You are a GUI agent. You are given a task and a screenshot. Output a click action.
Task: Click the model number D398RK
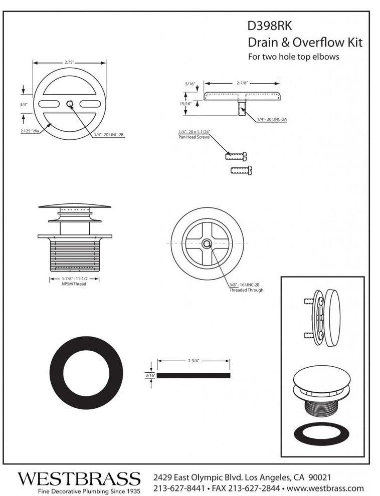(x=270, y=26)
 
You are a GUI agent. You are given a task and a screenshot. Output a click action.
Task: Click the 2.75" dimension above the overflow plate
(x=69, y=62)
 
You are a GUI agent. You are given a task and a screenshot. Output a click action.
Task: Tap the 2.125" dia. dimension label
(x=30, y=131)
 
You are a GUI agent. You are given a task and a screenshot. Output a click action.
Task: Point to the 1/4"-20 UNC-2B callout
(x=108, y=135)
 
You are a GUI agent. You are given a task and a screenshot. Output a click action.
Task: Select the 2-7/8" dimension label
(x=242, y=83)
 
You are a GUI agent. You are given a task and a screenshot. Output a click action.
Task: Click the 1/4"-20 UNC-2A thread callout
(x=272, y=119)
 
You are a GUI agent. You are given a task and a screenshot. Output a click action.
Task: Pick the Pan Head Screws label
(x=194, y=137)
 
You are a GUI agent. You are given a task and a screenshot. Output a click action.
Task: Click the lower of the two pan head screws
(x=242, y=170)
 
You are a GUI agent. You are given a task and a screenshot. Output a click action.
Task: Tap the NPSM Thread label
(x=74, y=284)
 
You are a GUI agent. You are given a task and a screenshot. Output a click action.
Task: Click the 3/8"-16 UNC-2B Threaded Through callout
(x=246, y=287)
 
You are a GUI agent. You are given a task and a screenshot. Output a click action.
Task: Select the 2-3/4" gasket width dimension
(x=194, y=361)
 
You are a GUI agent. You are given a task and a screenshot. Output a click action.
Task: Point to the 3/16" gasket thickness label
(x=150, y=375)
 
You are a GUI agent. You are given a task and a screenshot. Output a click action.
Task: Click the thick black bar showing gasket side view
(x=194, y=375)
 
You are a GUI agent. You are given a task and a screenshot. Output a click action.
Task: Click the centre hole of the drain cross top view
(x=207, y=243)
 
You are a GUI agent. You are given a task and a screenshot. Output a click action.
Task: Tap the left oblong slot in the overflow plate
(x=49, y=104)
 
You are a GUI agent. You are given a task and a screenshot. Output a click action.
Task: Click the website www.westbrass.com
(x=325, y=488)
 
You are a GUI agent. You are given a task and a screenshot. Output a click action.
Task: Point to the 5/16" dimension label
(x=190, y=84)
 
